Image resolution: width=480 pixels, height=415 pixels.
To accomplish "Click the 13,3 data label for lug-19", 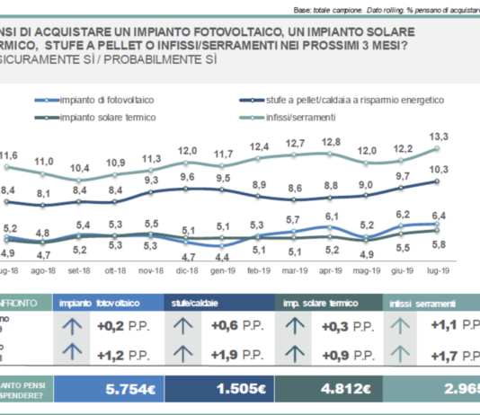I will click(x=438, y=137).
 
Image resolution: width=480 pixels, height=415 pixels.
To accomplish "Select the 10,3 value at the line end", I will click(x=438, y=170).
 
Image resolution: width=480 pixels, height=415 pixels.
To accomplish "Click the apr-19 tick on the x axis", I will click(x=332, y=269).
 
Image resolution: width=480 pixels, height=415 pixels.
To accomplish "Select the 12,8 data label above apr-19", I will click(x=332, y=142).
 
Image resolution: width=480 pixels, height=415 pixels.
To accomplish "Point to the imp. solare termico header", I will click(x=319, y=303).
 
